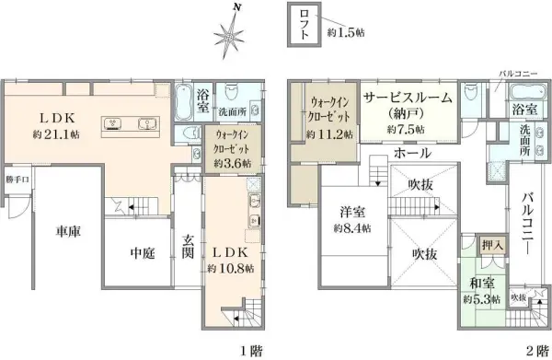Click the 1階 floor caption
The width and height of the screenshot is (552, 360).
[251, 350]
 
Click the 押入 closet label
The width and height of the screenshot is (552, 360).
[491, 245]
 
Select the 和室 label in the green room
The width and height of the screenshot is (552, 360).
[479, 285]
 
